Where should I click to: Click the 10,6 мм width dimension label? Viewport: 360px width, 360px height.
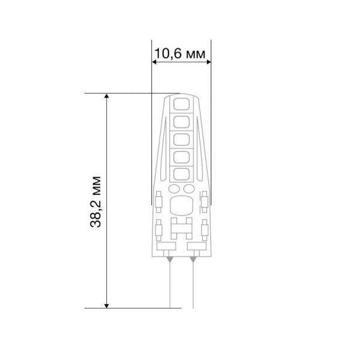tap(180, 54)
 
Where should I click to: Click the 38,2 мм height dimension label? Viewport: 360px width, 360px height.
tap(95, 202)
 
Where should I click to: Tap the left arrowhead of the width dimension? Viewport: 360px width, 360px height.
tap(154, 62)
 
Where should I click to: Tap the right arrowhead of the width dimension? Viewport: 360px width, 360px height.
tap(208, 62)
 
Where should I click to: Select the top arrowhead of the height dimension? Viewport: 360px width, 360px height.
tap(106, 96)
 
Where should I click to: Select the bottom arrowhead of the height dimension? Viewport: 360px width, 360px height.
tap(106, 305)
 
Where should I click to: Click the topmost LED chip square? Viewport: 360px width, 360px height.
tap(181, 104)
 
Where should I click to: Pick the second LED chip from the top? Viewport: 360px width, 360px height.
tap(181, 122)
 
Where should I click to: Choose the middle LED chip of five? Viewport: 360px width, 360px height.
tap(181, 140)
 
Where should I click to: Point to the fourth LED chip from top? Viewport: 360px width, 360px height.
tap(181, 157)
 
